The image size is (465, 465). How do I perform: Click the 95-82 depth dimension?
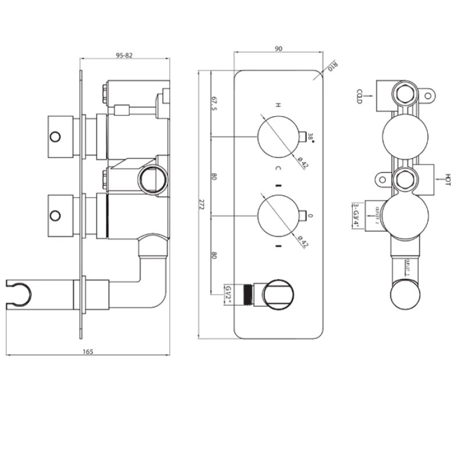point(124,55)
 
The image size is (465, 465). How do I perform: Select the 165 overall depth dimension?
point(88,351)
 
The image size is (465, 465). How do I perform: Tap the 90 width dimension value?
point(278,49)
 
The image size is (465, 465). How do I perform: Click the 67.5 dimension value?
point(214,104)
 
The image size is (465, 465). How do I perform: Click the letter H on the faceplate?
point(278,105)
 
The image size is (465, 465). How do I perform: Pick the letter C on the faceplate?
point(278,169)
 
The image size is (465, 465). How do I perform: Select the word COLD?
point(360,96)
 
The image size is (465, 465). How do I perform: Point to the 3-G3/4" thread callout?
point(355,215)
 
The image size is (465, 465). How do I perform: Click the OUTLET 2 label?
point(377,214)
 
